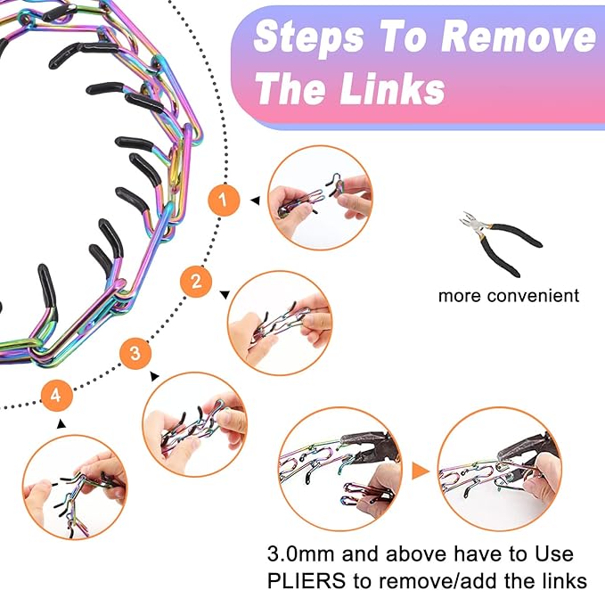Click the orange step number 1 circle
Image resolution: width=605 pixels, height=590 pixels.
click(224, 200)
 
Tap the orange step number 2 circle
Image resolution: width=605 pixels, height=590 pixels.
click(196, 282)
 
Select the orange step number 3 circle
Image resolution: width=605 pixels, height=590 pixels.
click(135, 353)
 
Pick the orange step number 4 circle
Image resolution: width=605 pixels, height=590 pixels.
click(56, 396)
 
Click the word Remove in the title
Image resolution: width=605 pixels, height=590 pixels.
click(519, 37)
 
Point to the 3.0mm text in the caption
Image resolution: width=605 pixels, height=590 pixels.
click(300, 554)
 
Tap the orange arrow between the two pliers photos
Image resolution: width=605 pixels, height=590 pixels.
click(421, 471)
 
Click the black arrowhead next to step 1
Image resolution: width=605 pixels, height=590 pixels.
click(255, 201)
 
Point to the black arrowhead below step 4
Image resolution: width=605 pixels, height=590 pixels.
click(61, 423)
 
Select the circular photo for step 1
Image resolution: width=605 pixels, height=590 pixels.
click(320, 198)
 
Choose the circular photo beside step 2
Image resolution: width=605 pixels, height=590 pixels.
click(280, 324)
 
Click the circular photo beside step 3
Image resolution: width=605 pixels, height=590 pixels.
click(195, 424)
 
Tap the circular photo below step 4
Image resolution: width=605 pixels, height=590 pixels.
click(75, 488)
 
